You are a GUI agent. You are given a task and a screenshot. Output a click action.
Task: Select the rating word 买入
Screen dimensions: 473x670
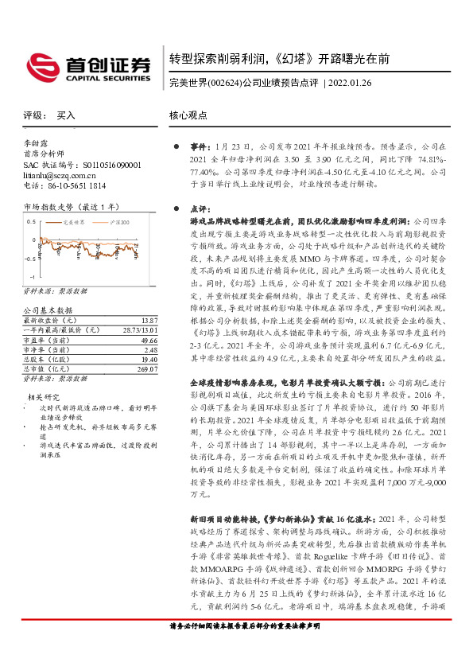[66, 115]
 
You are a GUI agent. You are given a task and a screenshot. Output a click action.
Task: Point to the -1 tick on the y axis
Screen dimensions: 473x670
[33, 277]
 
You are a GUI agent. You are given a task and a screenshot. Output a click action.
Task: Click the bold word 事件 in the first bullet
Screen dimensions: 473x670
[199, 147]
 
